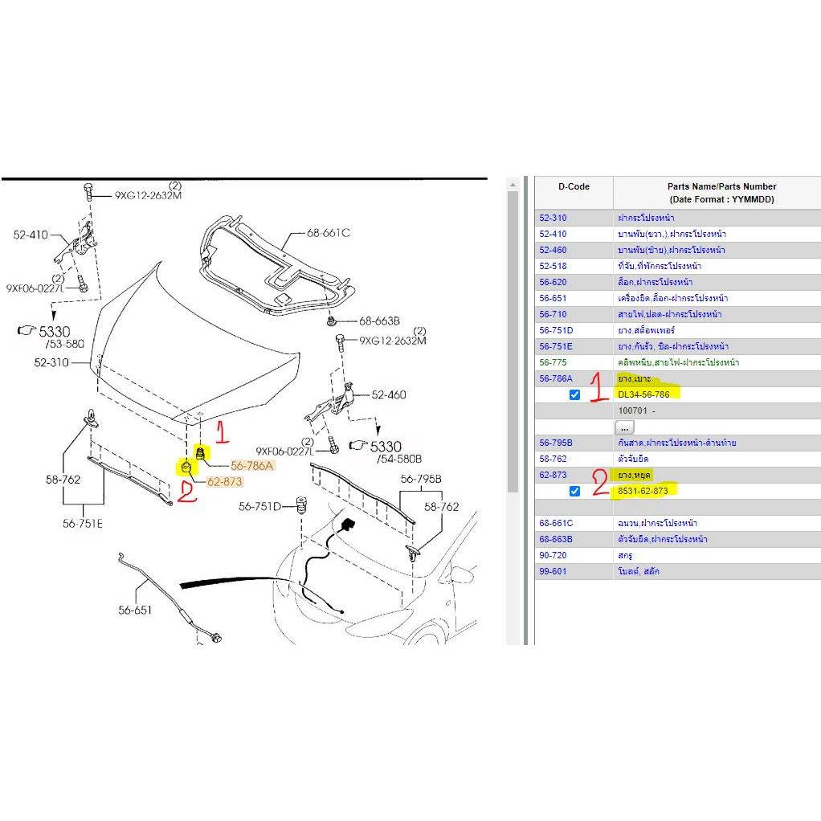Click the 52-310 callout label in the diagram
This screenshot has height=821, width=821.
pos(51,362)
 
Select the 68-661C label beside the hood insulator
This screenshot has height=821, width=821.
pos(329,233)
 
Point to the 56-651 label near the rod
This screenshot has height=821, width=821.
pos(135,610)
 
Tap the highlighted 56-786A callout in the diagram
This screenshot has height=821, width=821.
pos(252,466)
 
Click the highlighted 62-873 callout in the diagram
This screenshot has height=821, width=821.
pos(224,482)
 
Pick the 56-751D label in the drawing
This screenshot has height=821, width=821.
pos(259,507)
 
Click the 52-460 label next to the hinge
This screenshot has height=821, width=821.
pos(389,394)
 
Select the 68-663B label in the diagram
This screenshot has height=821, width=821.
pos(379,320)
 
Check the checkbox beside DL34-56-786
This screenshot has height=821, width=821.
pos(574,394)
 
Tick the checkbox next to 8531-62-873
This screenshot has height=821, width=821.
pos(574,491)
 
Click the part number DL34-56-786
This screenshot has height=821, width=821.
pos(643,394)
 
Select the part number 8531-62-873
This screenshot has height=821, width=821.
pos(643,491)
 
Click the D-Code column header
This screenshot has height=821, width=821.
pos(574,186)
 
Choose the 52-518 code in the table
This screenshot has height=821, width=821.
pos(553,266)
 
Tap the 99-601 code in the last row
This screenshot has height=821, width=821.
pos(553,571)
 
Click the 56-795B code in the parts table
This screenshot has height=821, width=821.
pos(555,443)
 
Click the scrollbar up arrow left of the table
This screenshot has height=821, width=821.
pos(513,186)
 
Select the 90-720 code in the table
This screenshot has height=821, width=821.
pos(553,555)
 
